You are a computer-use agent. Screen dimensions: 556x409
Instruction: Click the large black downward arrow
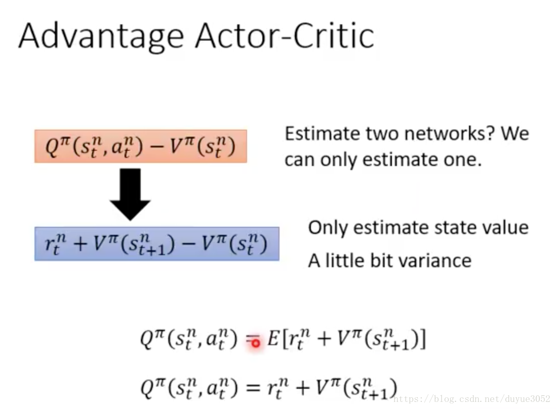(130, 194)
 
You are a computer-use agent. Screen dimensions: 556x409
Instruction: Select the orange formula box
(141, 146)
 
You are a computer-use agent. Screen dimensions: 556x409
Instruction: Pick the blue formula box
(157, 244)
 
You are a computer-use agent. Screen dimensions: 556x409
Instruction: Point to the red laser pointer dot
(255, 343)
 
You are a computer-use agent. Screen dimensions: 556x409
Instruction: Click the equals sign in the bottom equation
(253, 388)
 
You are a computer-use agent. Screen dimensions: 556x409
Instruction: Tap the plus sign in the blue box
(80, 244)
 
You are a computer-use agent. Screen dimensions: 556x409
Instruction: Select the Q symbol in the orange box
(52, 146)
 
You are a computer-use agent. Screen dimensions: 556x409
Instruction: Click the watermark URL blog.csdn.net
(472, 399)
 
